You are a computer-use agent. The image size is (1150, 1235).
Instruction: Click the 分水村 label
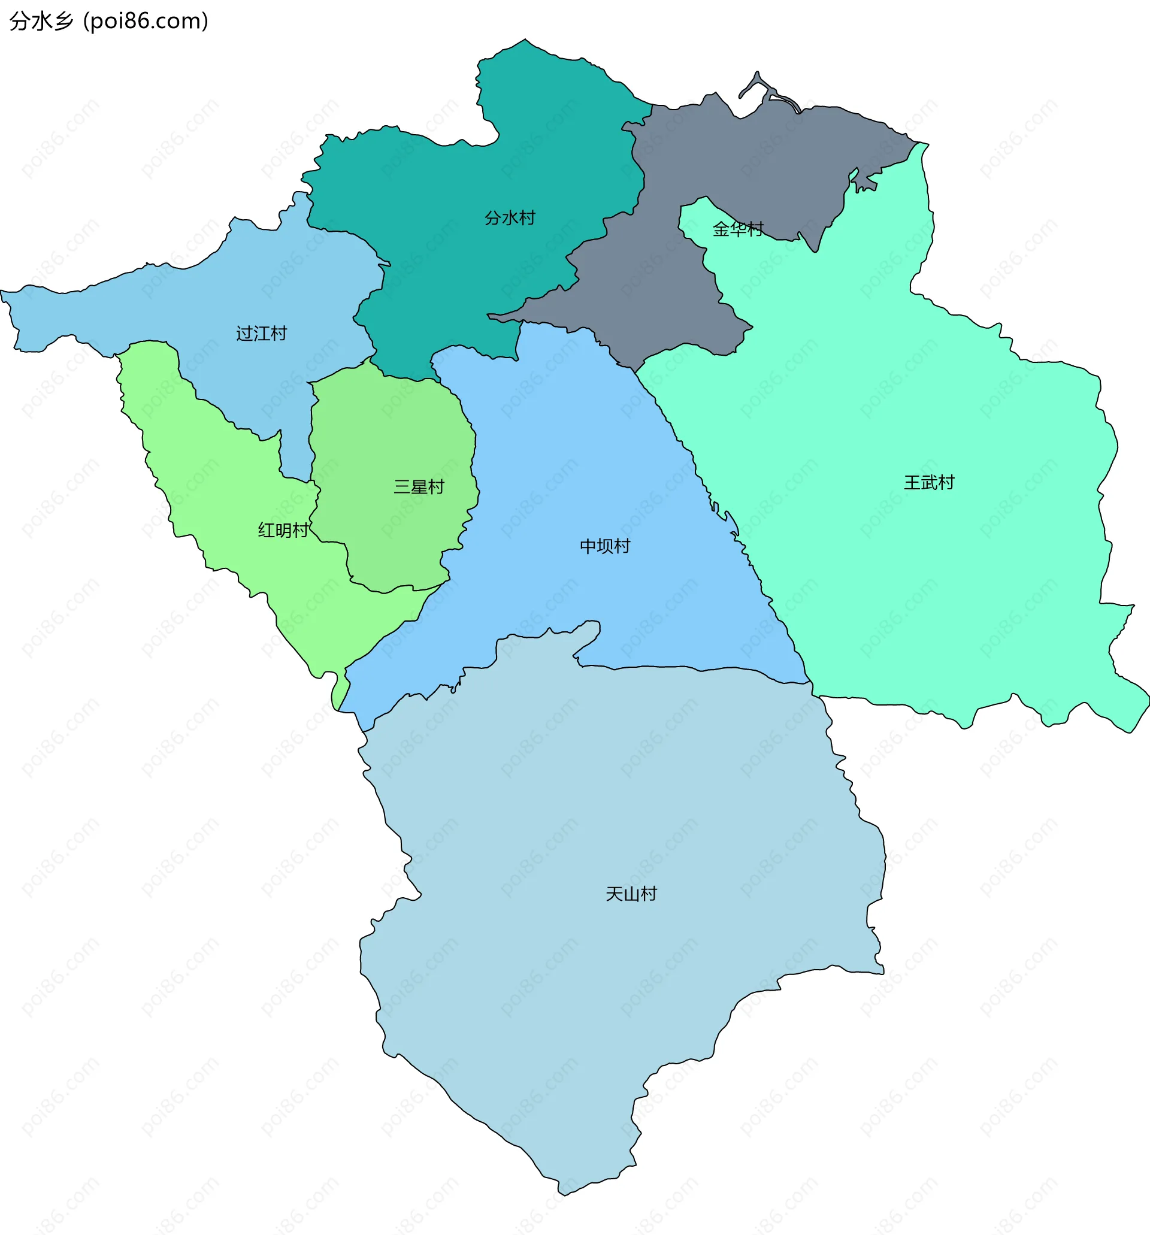click(x=510, y=218)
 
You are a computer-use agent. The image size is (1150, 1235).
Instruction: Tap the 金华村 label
click(x=737, y=229)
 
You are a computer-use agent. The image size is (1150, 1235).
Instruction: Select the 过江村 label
click(x=262, y=334)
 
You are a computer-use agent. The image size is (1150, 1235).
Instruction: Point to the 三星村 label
click(x=419, y=487)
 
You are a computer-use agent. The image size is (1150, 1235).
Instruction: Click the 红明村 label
click(x=283, y=530)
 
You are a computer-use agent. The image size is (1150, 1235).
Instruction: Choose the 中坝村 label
click(x=604, y=546)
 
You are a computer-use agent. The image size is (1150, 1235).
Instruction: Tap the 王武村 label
click(x=928, y=483)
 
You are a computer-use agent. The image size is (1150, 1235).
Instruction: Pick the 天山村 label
click(x=631, y=894)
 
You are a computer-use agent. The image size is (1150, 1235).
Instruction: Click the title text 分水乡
click(x=41, y=21)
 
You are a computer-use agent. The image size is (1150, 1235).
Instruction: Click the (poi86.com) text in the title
click(x=146, y=21)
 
